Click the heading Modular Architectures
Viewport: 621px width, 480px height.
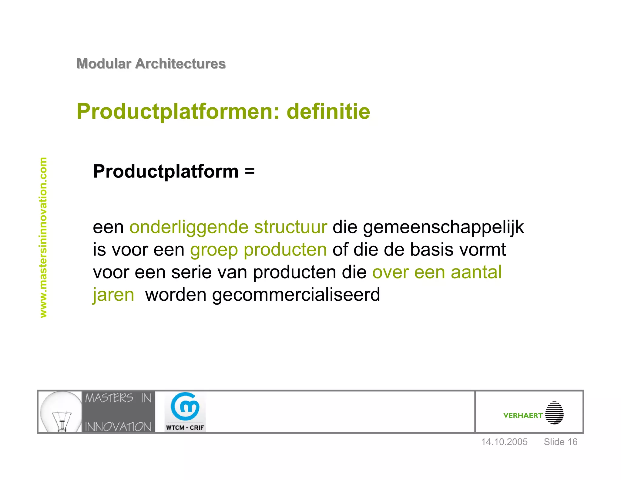click(151, 64)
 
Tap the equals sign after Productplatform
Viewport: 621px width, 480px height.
click(250, 171)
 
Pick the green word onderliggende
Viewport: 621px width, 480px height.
click(189, 228)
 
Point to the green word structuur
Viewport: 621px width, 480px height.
click(290, 227)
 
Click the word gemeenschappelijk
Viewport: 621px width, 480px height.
click(443, 228)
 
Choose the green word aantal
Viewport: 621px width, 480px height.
click(476, 272)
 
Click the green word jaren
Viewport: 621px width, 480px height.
click(113, 295)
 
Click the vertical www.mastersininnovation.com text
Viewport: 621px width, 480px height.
click(43, 237)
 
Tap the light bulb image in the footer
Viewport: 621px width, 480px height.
click(61, 412)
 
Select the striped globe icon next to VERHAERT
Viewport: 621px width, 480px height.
click(554, 413)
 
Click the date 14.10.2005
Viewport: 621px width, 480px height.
click(504, 442)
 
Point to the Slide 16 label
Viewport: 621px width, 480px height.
click(560, 442)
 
